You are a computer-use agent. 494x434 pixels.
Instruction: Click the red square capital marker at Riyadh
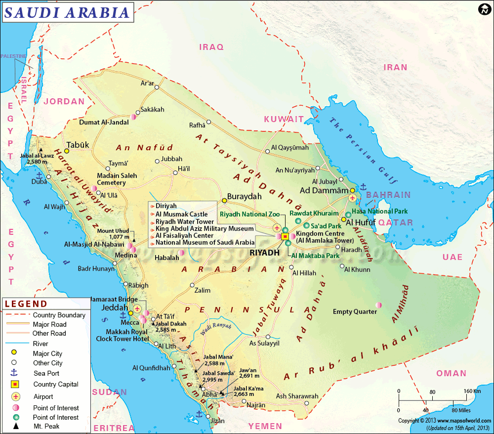[285, 237]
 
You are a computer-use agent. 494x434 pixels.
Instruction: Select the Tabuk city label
[78, 145]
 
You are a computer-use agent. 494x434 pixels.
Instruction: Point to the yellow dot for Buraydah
[224, 200]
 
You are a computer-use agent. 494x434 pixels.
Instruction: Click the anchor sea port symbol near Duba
[38, 175]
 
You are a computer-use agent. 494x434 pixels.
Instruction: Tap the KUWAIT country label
[284, 119]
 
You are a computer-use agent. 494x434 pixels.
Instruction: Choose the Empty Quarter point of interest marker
[379, 304]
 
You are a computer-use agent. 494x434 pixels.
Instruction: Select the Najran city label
[256, 405]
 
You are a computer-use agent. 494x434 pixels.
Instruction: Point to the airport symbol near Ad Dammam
[352, 197]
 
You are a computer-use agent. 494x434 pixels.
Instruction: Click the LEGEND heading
[26, 304]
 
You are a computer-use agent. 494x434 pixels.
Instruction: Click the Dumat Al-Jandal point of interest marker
[133, 118]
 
